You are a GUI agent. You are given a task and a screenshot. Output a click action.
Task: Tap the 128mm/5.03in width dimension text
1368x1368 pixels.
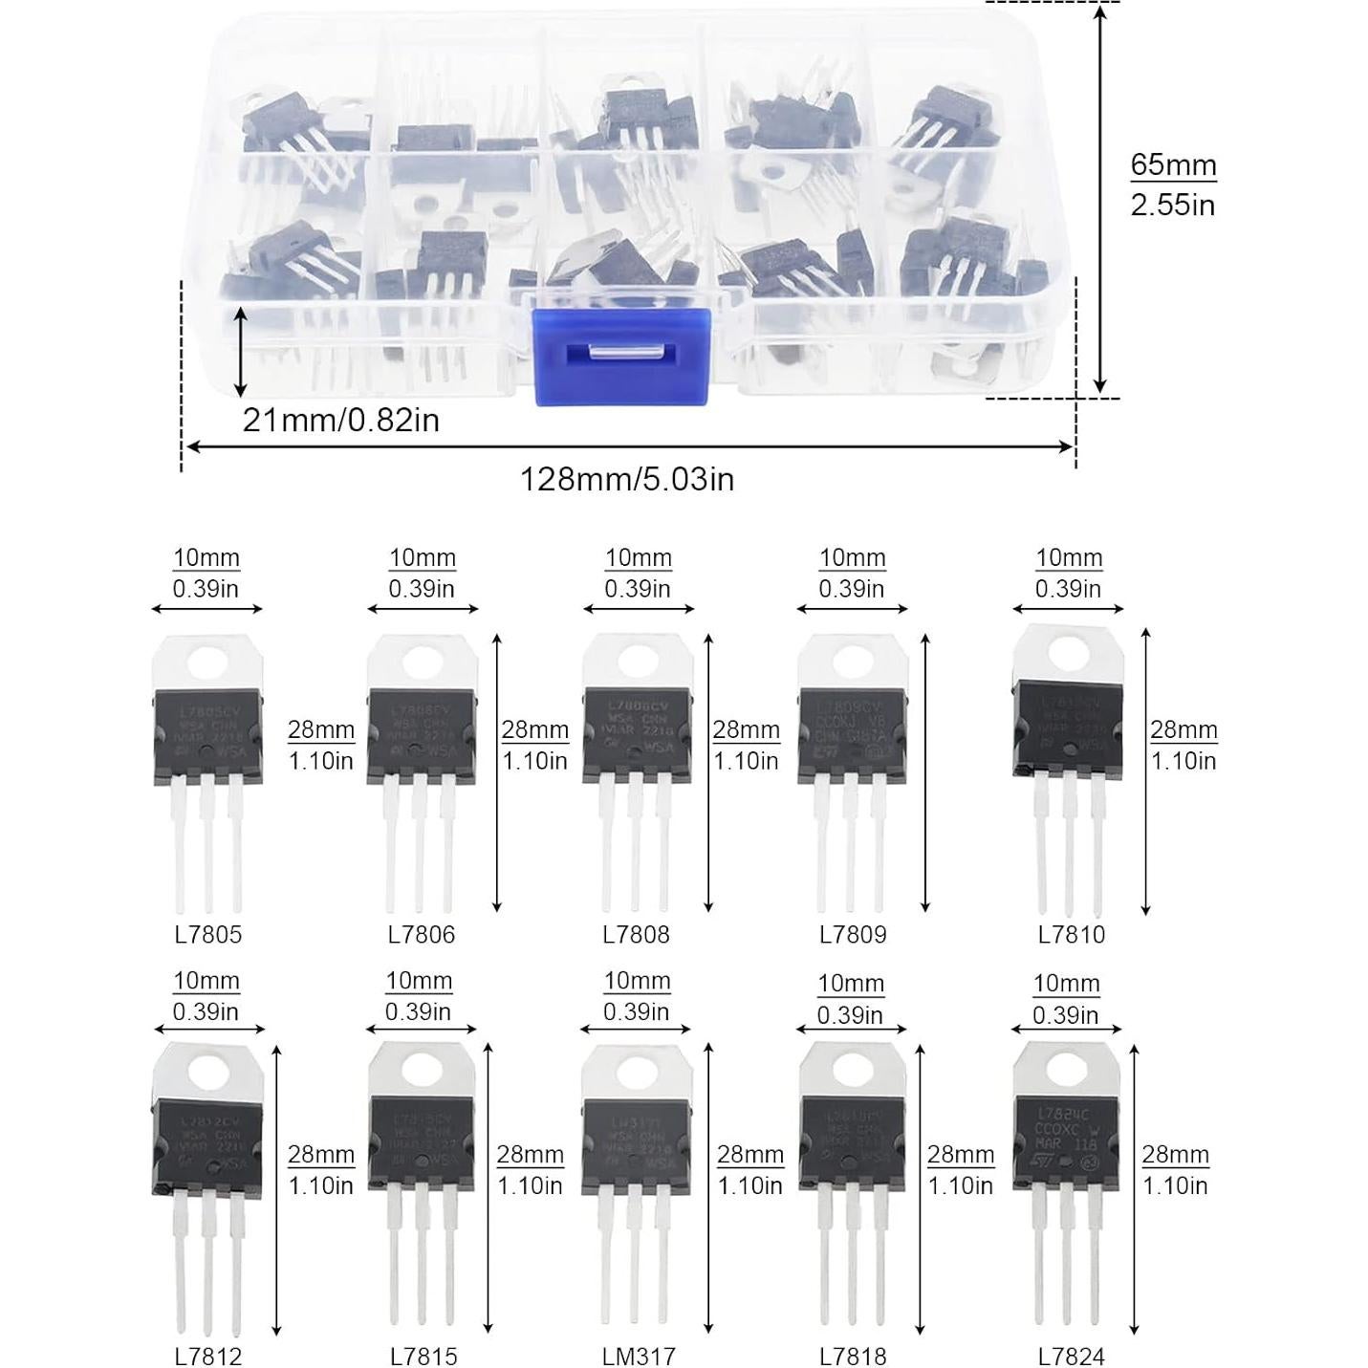[626, 478]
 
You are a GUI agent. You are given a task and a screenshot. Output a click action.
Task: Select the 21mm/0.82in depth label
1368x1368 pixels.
[340, 420]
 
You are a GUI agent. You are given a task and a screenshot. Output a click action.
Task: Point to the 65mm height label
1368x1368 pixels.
[1173, 164]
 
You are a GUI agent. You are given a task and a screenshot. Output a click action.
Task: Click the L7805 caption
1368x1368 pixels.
[207, 934]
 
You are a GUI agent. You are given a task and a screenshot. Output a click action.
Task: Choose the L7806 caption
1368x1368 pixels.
[422, 934]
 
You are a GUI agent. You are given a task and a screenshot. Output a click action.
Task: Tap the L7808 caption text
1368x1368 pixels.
[637, 934]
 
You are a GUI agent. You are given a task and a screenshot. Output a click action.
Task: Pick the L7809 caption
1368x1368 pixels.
[853, 934]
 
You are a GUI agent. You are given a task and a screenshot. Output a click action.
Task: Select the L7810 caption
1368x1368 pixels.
[1071, 934]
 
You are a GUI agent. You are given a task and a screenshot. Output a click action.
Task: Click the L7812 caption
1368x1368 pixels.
[207, 1356]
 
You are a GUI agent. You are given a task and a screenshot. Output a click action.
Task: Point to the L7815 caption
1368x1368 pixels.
[423, 1356]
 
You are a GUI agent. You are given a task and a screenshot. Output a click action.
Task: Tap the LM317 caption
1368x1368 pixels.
[639, 1356]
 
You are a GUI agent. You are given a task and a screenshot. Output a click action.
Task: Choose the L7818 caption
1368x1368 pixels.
[853, 1356]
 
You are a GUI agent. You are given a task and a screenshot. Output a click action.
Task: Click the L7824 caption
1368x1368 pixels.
[1071, 1356]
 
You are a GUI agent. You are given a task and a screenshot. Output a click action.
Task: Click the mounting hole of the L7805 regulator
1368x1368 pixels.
[207, 662]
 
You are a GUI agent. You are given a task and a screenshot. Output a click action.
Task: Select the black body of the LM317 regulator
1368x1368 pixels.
[637, 1143]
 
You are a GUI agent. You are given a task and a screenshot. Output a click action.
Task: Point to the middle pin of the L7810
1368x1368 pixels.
[1069, 841]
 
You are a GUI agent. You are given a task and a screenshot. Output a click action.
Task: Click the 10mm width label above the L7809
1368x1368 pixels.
[853, 558]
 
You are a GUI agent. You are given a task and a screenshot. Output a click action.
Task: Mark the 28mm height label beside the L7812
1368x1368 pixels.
[320, 1155]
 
